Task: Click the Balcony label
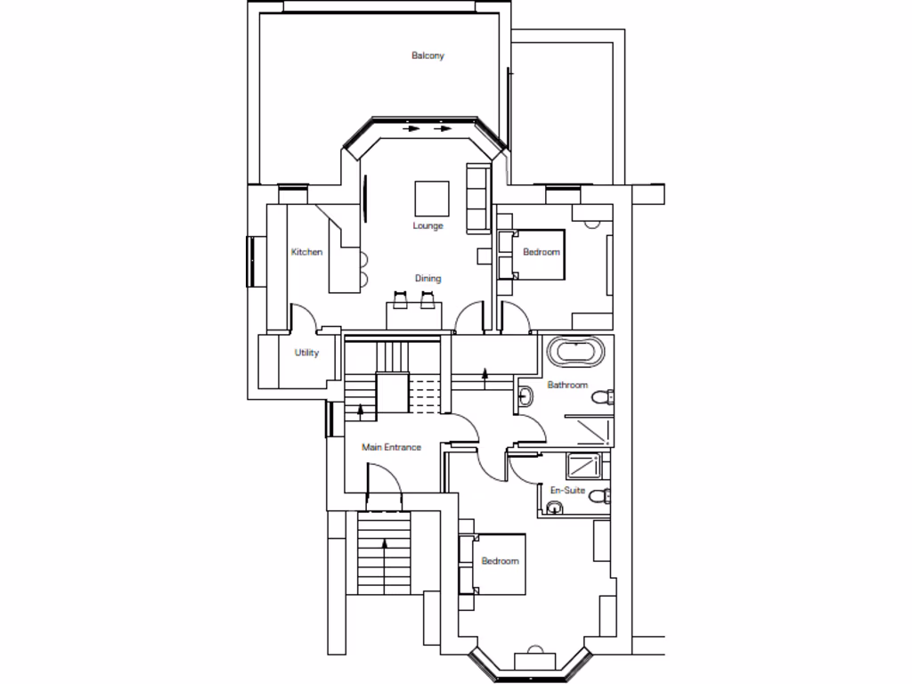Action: click(427, 56)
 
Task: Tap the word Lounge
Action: click(427, 226)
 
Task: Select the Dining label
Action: click(427, 279)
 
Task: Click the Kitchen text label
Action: click(306, 252)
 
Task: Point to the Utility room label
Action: click(306, 353)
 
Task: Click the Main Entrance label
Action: click(391, 447)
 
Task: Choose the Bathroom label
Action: click(567, 386)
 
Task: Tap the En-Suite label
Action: click(566, 491)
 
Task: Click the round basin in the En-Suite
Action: click(555, 509)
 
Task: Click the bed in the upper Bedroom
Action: click(534, 254)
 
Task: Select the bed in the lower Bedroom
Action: click(493, 563)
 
